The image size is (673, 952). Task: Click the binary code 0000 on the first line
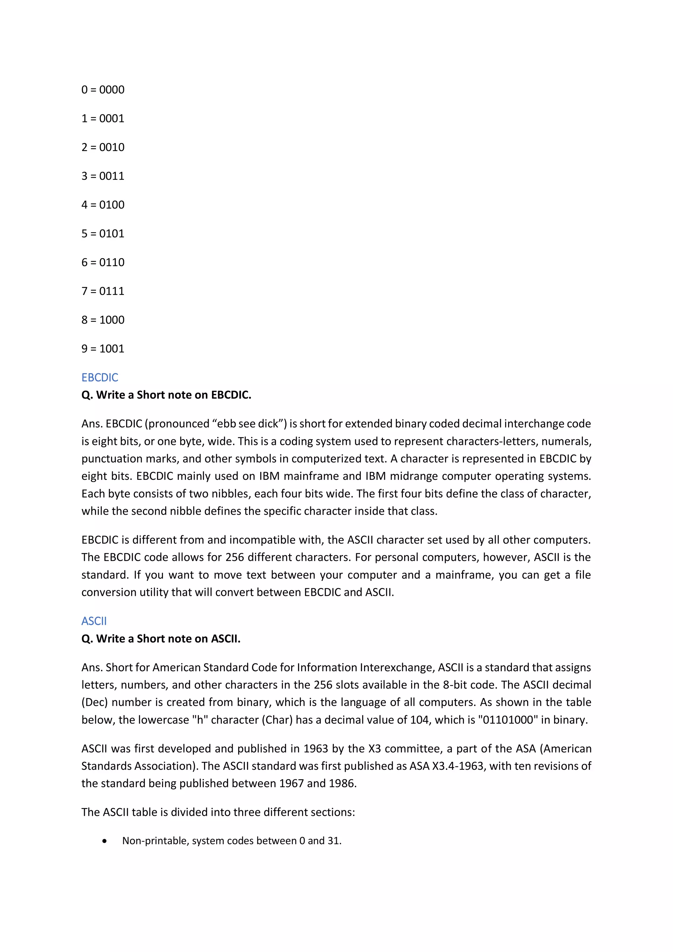click(x=112, y=89)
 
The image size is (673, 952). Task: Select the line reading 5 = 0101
click(x=103, y=233)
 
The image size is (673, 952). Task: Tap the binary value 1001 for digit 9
click(x=112, y=348)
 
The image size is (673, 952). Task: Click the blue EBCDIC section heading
click(x=100, y=377)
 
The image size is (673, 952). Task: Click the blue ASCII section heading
click(x=94, y=621)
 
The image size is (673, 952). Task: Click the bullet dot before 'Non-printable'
click(x=104, y=841)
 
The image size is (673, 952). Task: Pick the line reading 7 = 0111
click(x=103, y=291)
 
